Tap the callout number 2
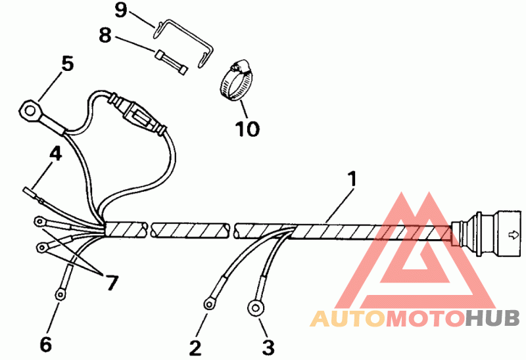[x=195, y=346]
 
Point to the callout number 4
[x=55, y=154]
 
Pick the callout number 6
[x=45, y=344]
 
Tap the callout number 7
[x=112, y=282]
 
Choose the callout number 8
[x=105, y=35]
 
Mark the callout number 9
[x=120, y=10]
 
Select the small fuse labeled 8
[x=172, y=62]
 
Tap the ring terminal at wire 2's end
[x=210, y=302]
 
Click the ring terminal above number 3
[x=256, y=307]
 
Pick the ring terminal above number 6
[x=60, y=294]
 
